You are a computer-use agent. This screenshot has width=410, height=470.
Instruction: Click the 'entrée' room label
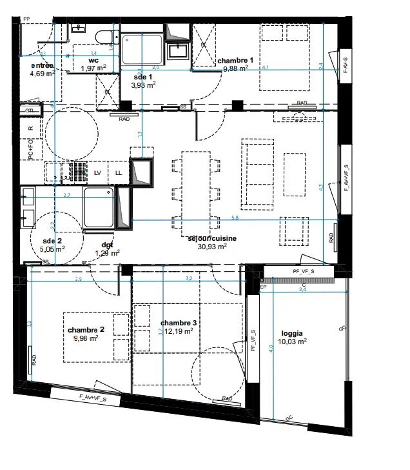click(43, 65)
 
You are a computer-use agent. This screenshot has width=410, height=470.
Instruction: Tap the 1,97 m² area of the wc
click(93, 68)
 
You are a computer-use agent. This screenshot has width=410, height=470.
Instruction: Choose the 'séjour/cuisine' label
click(212, 238)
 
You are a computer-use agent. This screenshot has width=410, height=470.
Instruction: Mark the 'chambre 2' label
click(85, 330)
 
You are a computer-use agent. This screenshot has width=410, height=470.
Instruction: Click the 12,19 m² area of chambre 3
click(179, 331)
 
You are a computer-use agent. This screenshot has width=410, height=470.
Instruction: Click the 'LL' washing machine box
click(119, 173)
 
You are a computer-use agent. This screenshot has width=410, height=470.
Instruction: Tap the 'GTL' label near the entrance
click(29, 111)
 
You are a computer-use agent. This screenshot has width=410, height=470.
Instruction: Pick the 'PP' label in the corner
click(26, 20)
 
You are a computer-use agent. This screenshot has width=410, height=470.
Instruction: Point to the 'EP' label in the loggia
click(263, 286)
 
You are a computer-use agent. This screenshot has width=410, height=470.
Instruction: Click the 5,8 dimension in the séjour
click(235, 218)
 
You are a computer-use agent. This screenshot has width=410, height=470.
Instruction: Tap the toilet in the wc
click(103, 35)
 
